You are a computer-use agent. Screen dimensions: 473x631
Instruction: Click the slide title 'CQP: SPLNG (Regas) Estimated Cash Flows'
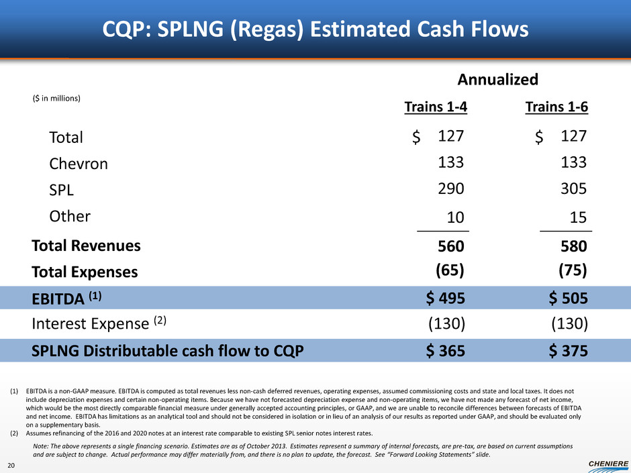[315, 30]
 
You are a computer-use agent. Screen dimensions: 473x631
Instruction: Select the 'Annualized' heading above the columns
[497, 80]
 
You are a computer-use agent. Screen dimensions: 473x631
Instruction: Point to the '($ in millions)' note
[56, 98]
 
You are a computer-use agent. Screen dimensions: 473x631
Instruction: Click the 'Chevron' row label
[78, 164]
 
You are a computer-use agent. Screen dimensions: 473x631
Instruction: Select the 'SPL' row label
[62, 190]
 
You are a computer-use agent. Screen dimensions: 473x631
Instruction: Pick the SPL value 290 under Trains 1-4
[450, 189]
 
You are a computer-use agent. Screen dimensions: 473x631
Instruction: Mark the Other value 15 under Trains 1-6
[578, 217]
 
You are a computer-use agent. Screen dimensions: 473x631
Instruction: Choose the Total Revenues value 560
[450, 246]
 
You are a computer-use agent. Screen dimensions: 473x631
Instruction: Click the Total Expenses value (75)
[573, 270]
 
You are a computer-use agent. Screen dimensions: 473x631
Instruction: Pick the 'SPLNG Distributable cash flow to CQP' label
[167, 350]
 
